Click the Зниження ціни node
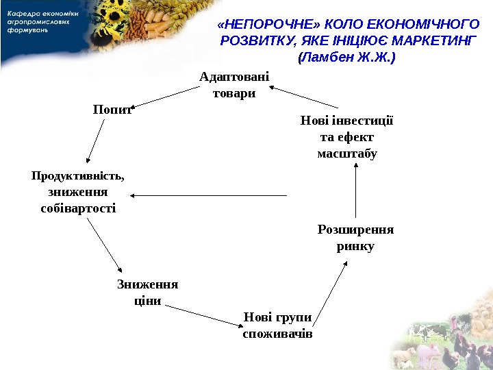(x=147, y=292)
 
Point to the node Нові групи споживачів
(x=277, y=325)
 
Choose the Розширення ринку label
(x=355, y=237)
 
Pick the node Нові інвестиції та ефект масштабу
(x=347, y=137)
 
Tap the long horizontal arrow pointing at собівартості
(x=208, y=196)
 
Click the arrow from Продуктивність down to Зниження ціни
(x=105, y=246)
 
